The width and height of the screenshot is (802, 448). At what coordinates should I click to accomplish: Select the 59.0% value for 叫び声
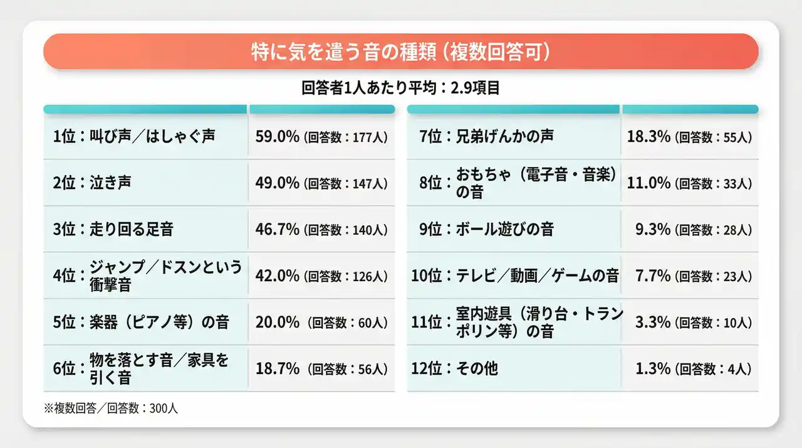[x=277, y=136]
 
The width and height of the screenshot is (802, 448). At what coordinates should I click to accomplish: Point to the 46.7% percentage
[x=277, y=229]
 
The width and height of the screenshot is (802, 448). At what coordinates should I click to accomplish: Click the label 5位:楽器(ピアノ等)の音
[x=141, y=323]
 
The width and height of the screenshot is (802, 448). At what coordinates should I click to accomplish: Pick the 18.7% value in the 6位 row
[x=277, y=369]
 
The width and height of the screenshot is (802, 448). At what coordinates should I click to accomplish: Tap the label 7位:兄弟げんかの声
[x=486, y=136]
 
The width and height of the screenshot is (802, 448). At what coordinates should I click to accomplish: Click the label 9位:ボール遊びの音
[x=486, y=229]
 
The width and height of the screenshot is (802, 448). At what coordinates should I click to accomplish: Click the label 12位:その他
[x=458, y=368]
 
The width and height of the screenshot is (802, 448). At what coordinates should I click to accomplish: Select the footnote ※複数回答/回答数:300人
[x=111, y=408]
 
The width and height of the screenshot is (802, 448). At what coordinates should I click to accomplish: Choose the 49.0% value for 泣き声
[x=277, y=183]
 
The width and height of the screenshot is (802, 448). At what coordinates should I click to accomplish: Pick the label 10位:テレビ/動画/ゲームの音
[x=514, y=275]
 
